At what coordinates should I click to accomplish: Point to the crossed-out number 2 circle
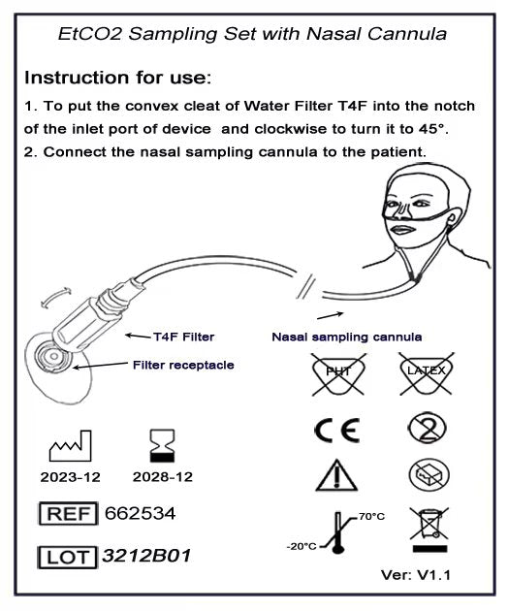pyautogui.click(x=424, y=428)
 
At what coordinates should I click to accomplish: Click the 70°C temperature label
pyautogui.click(x=371, y=516)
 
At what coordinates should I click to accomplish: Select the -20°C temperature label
pyautogui.click(x=302, y=545)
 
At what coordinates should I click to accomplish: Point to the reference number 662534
pyautogui.click(x=140, y=512)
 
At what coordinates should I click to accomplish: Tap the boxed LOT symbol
pyautogui.click(x=67, y=558)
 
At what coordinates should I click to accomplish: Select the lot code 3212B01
pyautogui.click(x=146, y=557)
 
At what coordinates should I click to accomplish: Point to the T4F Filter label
pyautogui.click(x=183, y=337)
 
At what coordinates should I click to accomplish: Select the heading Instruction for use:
pyautogui.click(x=117, y=76)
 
